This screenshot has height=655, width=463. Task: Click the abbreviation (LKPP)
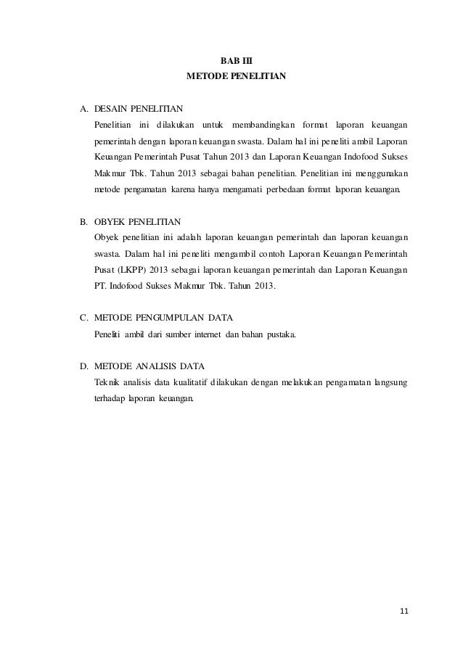tap(131, 269)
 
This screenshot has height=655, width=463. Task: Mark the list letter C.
tap(83, 317)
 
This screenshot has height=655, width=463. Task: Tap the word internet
tap(206, 334)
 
